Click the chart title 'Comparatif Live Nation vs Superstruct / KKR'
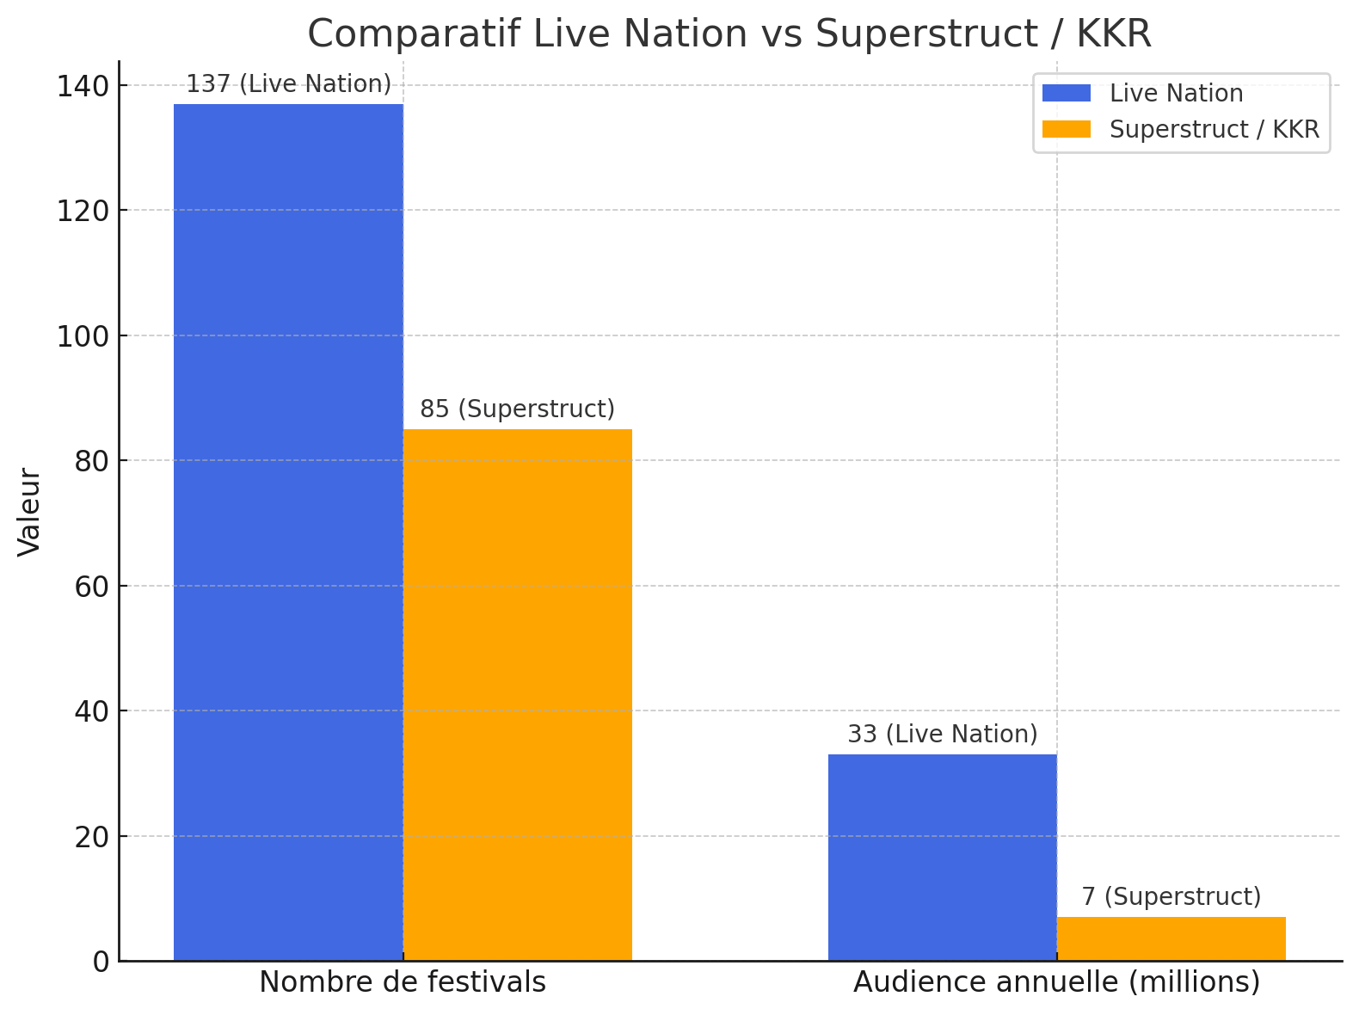729,34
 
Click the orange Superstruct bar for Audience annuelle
1171,938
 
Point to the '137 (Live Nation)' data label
289,84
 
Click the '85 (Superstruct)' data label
518,409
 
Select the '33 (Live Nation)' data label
943,735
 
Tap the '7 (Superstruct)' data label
1171,897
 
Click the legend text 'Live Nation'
1176,93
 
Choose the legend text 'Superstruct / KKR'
1214,129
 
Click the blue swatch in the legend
1066,93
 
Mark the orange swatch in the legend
1066,129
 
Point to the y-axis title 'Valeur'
29,512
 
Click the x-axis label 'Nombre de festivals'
403,982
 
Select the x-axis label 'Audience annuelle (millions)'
1056,982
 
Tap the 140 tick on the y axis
83,86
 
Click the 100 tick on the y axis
83,335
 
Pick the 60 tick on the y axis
91,586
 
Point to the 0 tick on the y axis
101,961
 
